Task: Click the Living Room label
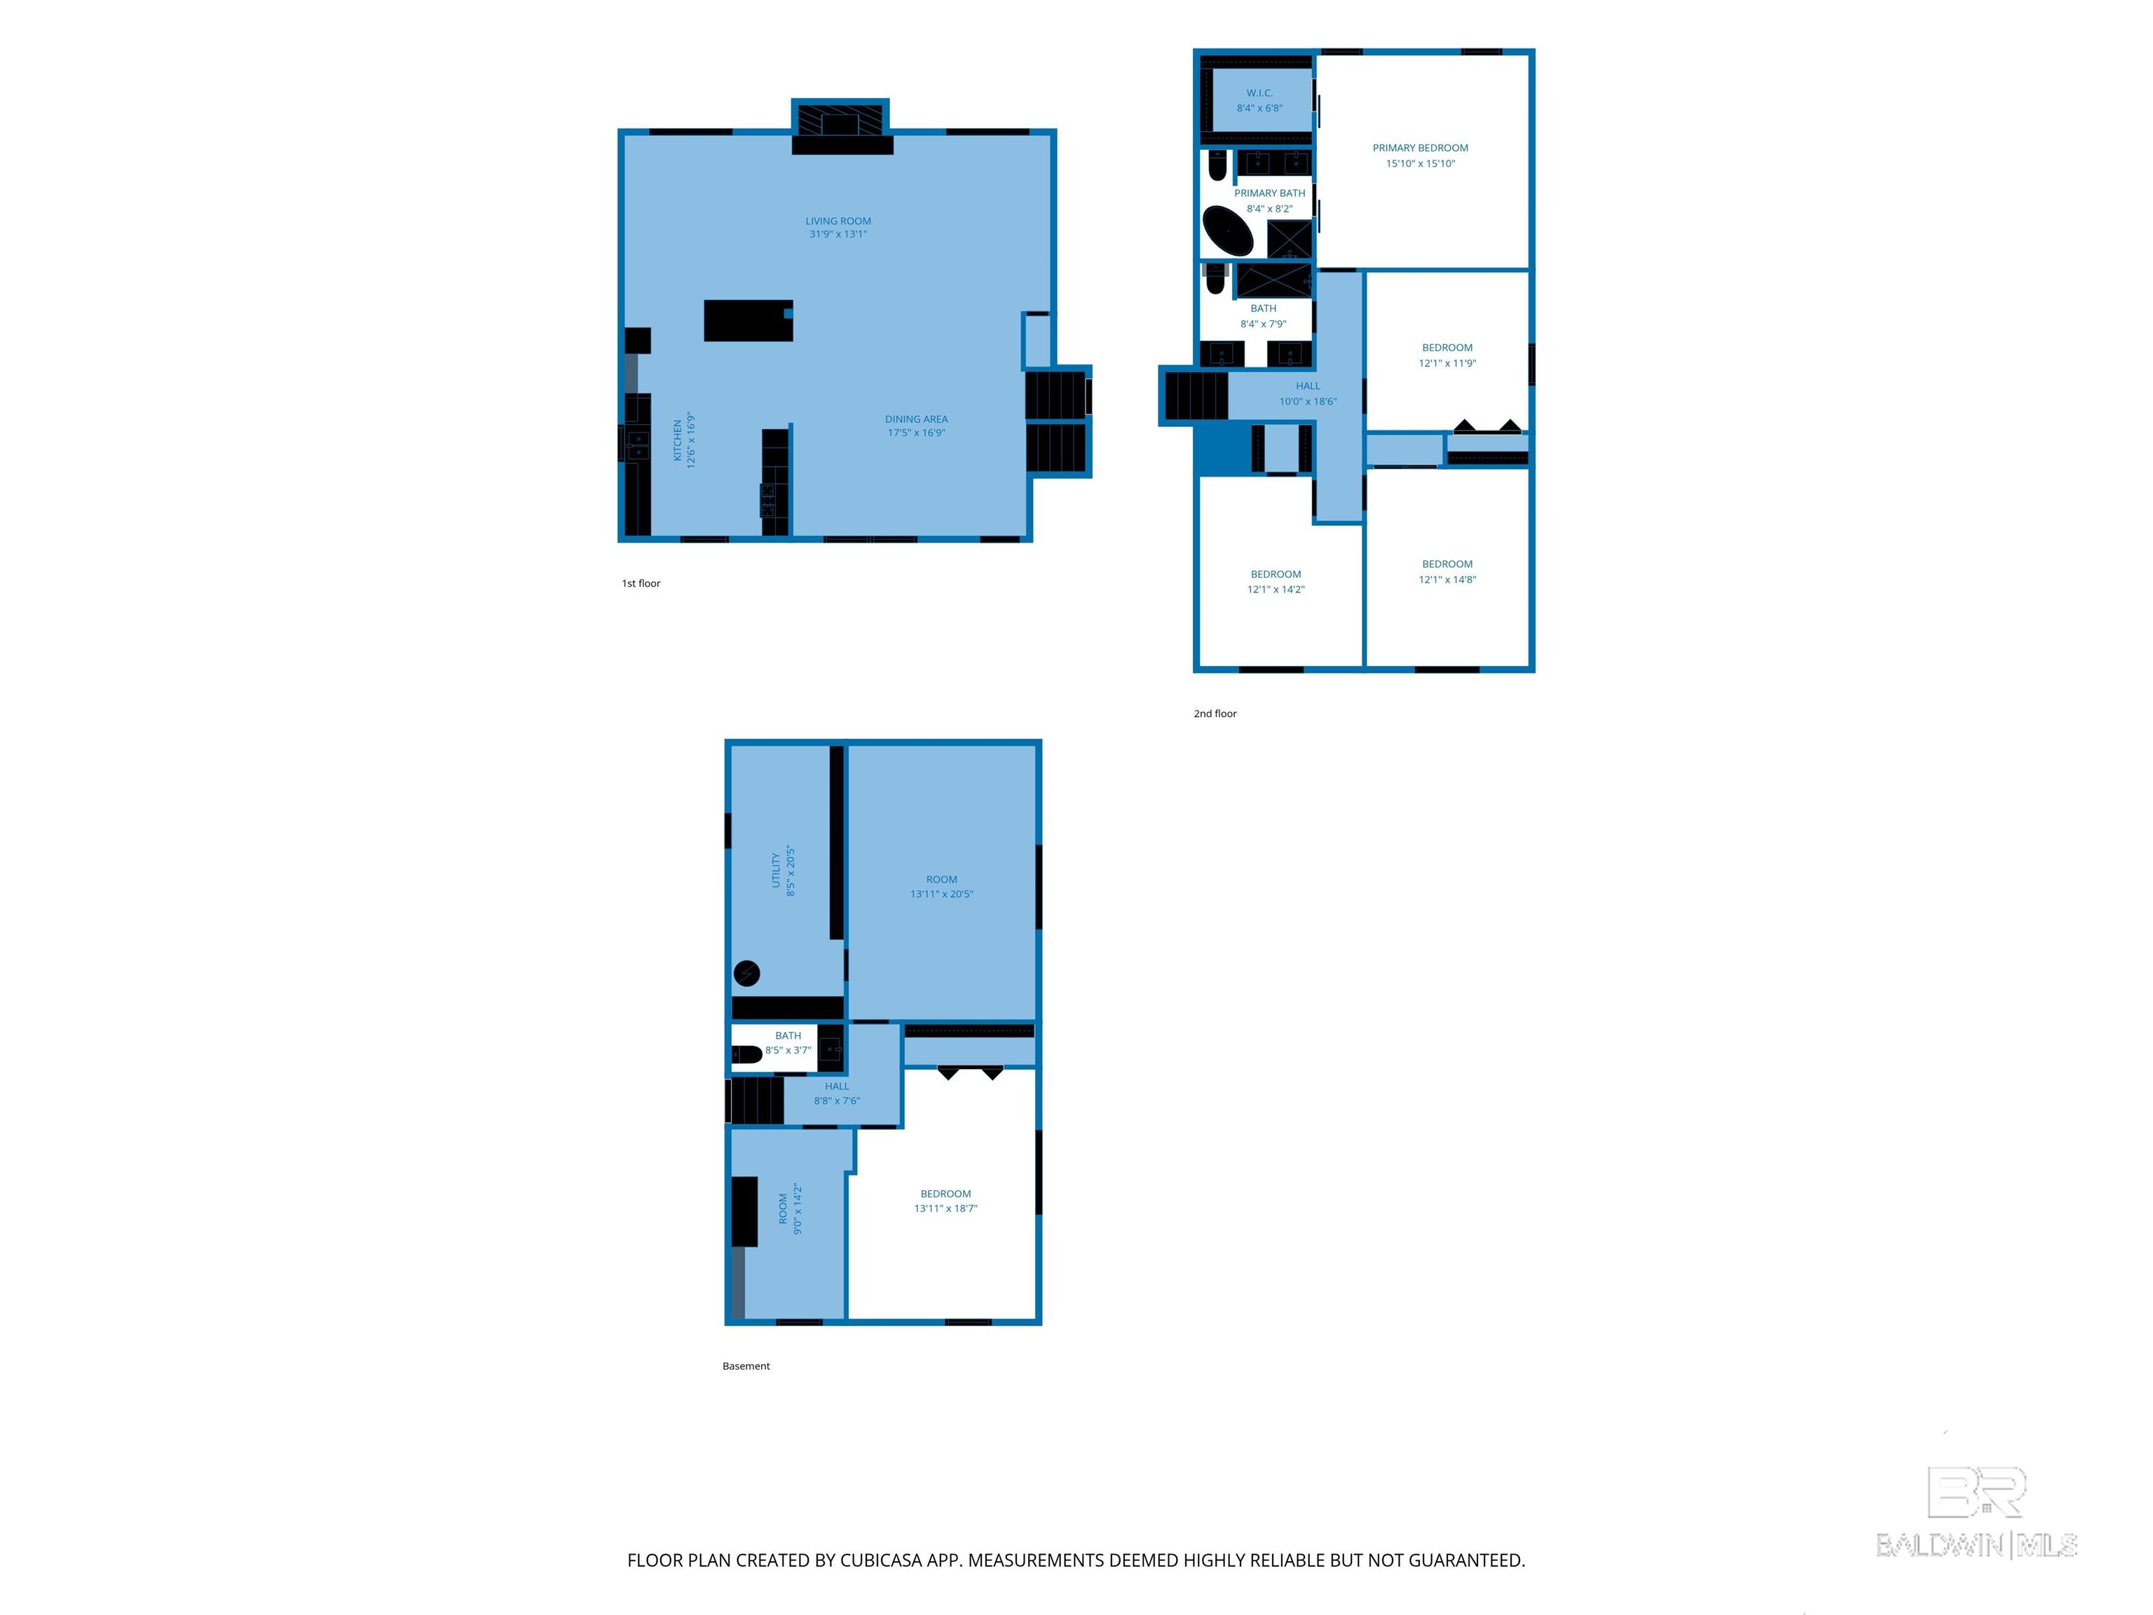click(x=838, y=221)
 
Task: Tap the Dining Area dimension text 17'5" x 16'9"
click(x=916, y=433)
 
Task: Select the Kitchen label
click(x=678, y=441)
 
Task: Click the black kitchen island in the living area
click(x=749, y=320)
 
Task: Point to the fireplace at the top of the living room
click(x=841, y=127)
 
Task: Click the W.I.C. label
click(x=1259, y=93)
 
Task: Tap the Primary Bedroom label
click(x=1420, y=148)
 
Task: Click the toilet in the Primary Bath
click(x=1217, y=166)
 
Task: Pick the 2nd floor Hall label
click(x=1308, y=386)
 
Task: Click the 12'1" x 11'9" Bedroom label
click(x=1447, y=348)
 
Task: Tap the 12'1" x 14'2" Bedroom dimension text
click(x=1276, y=589)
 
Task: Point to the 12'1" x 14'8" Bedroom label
click(x=1447, y=564)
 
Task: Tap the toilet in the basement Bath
click(x=746, y=1054)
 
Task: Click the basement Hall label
click(x=837, y=1086)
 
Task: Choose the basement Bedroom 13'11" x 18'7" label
click(x=946, y=1194)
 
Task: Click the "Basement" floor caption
click(x=746, y=1365)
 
